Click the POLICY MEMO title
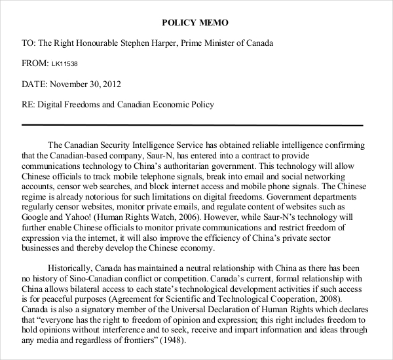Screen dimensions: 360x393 [196, 23]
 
